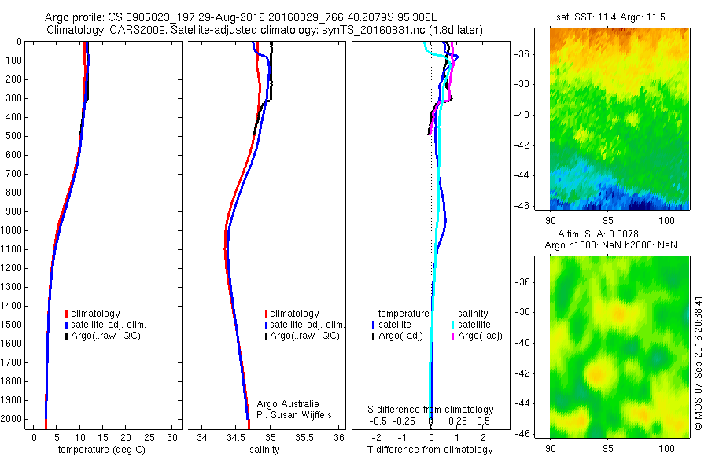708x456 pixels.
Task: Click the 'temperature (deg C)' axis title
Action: [x=98, y=450]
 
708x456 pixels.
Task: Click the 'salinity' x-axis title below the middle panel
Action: [x=264, y=450]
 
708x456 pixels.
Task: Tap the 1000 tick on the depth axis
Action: [x=13, y=230]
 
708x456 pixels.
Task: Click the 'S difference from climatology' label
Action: [x=430, y=410]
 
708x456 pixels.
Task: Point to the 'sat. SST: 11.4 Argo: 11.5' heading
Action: [x=618, y=15]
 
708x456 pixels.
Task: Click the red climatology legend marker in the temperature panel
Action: [x=67, y=314]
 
